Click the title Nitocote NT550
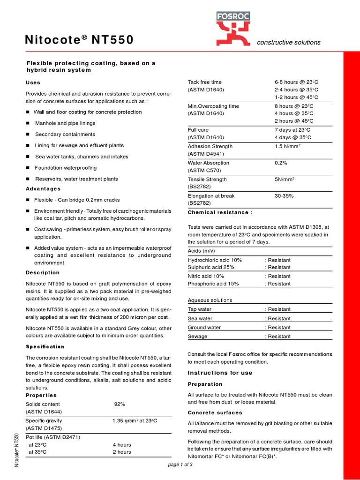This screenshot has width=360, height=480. pos(79,41)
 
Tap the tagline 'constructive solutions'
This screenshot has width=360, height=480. pos(288,42)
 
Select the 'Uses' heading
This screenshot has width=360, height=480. pos(33,82)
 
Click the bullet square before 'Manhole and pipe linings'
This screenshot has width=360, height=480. pos(29,123)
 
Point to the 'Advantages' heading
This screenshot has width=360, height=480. pos(43,189)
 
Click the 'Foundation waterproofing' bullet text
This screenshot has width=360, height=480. pos(66,168)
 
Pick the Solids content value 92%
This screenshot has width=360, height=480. pos(120,404)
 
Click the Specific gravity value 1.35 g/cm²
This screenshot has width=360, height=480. pos(134,421)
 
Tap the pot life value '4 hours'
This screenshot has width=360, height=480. pos(122,444)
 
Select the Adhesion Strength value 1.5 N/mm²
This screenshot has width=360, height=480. pos(287,147)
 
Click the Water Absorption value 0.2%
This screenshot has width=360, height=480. pos(281,163)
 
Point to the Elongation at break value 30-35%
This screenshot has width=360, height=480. pos(284,196)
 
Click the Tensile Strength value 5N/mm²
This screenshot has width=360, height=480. pos(285,180)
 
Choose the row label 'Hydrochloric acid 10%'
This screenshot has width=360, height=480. pos(215,260)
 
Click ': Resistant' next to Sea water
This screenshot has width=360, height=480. pos(278,318)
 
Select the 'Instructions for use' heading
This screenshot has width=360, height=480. pos(220,373)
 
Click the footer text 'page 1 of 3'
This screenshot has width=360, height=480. pos(180,465)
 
